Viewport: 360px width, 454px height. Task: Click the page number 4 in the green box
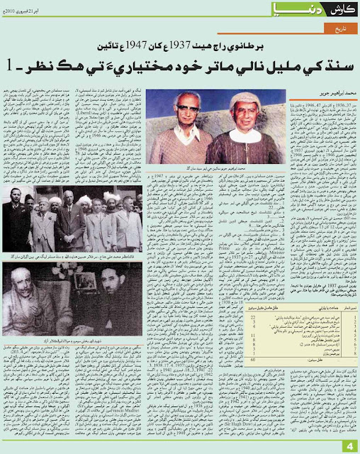click(349, 445)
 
